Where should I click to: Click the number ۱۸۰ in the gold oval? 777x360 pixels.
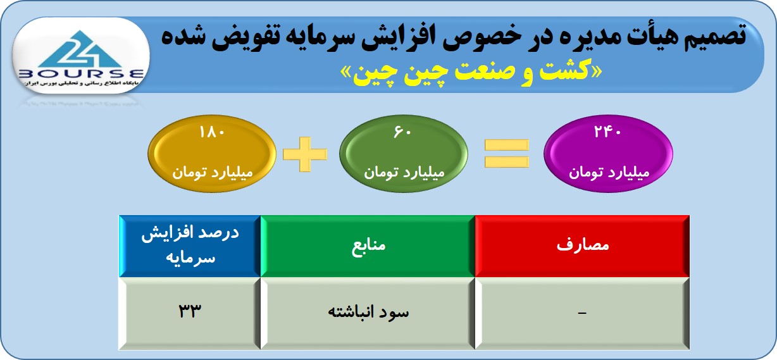[x=212, y=132]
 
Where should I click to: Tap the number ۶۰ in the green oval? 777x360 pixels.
[x=402, y=132]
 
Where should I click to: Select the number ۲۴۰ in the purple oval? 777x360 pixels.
[x=607, y=132]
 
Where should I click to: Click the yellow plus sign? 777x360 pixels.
[x=305, y=154]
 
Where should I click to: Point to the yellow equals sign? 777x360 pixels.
[x=506, y=154]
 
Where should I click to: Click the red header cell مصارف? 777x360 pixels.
[x=582, y=246]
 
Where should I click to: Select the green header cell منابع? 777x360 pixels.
[x=368, y=246]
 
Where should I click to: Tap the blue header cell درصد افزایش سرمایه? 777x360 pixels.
[x=190, y=246]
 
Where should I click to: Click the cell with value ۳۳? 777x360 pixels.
[x=190, y=313]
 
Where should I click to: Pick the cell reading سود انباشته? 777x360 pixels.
[x=368, y=313]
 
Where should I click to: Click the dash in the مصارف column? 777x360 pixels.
[x=582, y=313]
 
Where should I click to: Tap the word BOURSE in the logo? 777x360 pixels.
[x=81, y=74]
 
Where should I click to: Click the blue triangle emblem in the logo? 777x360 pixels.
[x=80, y=49]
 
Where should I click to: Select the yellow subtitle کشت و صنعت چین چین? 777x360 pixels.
[x=471, y=73]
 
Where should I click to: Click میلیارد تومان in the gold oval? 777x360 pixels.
[x=213, y=172]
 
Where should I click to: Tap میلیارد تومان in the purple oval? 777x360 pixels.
[x=609, y=172]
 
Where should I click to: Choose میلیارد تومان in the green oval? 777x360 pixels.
[x=404, y=172]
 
